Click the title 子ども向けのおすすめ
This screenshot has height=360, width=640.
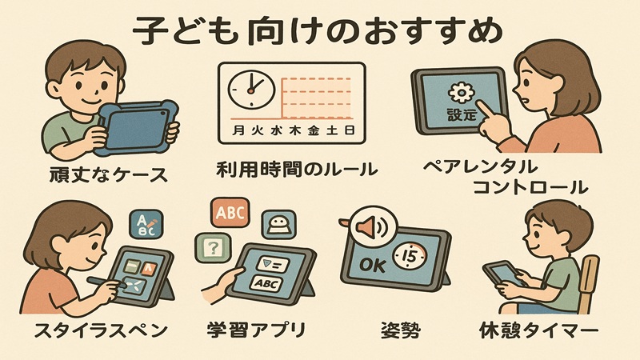click(x=320, y=30)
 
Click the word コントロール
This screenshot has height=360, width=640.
click(x=542, y=188)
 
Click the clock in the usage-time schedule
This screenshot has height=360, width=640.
click(x=250, y=89)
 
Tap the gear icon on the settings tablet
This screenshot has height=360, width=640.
click(x=460, y=90)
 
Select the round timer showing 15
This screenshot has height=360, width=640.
click(x=414, y=257)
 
